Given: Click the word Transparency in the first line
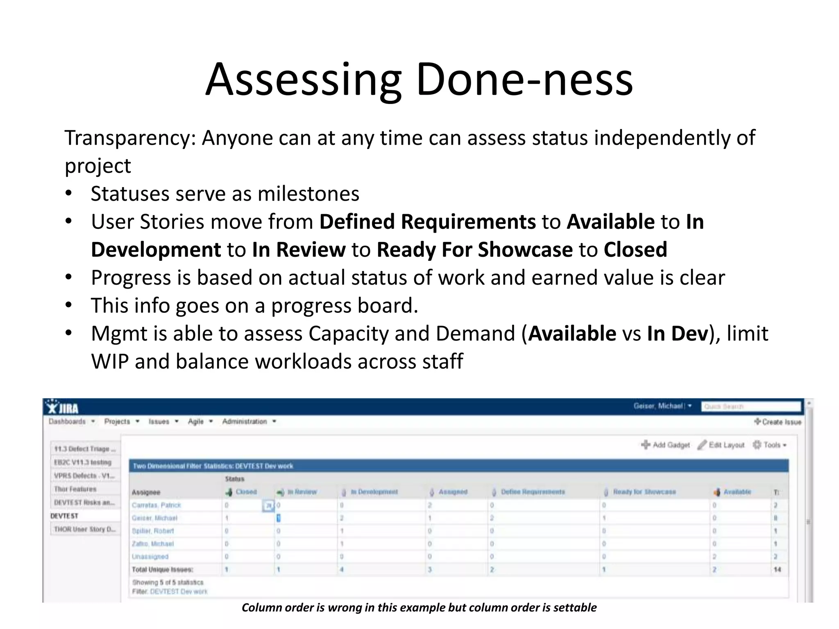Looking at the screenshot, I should (130, 138).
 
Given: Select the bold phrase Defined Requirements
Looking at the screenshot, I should (427, 222).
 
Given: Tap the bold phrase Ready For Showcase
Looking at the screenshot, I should (474, 250).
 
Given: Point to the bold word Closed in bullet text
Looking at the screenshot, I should (635, 250).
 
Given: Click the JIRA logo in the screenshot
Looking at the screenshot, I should (63, 408).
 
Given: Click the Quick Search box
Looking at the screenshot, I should (751, 407).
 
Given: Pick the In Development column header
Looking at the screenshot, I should (374, 492).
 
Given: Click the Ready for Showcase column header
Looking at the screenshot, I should (644, 492).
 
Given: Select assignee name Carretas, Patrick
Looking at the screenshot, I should (156, 505).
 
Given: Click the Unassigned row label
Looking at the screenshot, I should (150, 557).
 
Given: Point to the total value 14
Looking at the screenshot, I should (777, 570).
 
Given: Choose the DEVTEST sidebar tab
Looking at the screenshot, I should (64, 516).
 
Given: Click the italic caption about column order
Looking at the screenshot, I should (419, 608).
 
